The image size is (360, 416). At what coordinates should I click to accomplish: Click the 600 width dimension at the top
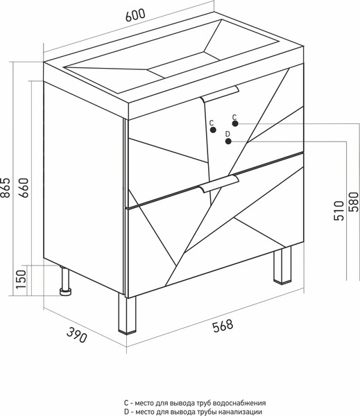[135, 15]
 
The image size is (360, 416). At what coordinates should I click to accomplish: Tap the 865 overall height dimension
[6, 187]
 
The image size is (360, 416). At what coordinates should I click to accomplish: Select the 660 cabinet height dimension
[24, 187]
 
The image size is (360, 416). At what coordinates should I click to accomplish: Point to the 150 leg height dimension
[22, 279]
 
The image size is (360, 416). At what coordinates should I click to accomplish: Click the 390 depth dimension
[76, 335]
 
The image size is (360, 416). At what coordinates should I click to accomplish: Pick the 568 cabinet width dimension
[223, 326]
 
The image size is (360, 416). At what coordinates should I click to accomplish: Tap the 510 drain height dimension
[338, 211]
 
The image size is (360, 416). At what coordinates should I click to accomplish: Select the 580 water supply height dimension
[354, 202]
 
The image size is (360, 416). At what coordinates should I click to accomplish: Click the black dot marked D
[228, 141]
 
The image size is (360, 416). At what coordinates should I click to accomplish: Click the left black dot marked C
[213, 130]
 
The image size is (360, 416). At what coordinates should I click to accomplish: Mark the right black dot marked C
[235, 123]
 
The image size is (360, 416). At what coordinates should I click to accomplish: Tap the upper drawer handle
[219, 94]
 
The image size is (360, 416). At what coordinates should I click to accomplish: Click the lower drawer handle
[219, 184]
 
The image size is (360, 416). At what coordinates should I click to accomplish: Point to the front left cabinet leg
[127, 314]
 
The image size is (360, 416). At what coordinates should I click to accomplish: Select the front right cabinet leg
[282, 266]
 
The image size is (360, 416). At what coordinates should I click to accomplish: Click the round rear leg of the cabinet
[65, 281]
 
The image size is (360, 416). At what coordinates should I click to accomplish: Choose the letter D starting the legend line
[126, 412]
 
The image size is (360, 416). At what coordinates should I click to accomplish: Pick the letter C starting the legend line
[126, 403]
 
